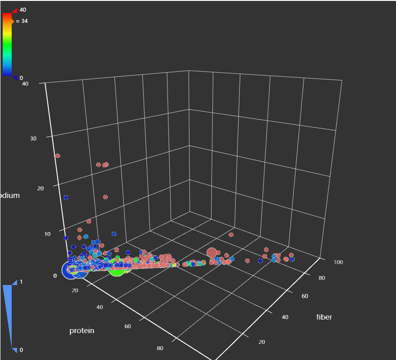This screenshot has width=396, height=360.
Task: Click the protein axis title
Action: (x=82, y=331)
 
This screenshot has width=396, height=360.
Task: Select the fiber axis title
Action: (x=324, y=317)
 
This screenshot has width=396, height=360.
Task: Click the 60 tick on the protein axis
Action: (x=128, y=326)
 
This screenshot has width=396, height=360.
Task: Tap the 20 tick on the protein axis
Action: (x=75, y=290)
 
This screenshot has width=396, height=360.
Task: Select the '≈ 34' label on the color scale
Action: (x=22, y=21)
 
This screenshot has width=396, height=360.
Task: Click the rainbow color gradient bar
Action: (x=7, y=45)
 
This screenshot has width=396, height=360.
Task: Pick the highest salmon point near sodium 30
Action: (x=57, y=156)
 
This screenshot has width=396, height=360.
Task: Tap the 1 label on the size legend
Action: (x=21, y=282)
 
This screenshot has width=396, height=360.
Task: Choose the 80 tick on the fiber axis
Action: (x=321, y=278)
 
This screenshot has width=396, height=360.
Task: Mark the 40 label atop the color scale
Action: (x=23, y=9)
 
